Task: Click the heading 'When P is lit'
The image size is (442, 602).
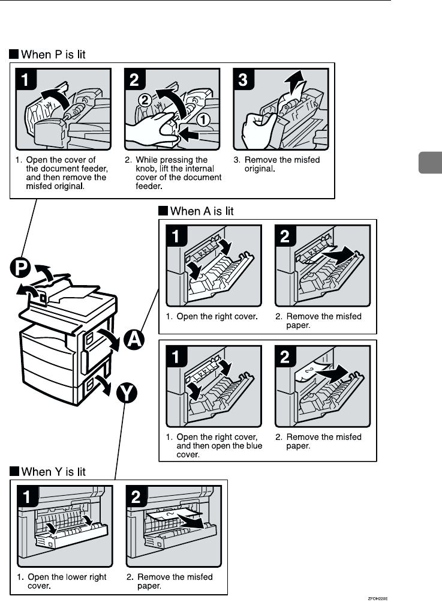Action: pyautogui.click(x=53, y=55)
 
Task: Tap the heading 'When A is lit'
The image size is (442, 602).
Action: pyautogui.click(x=202, y=211)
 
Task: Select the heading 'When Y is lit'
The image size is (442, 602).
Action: pyautogui.click(x=53, y=472)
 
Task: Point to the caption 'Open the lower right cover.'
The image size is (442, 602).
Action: pyautogui.click(x=62, y=581)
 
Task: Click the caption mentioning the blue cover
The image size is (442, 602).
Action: pyautogui.click(x=214, y=446)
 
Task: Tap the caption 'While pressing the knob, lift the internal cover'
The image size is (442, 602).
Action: pyautogui.click(x=173, y=173)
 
